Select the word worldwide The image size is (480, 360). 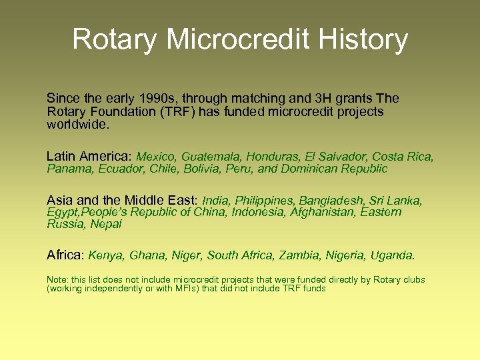point(75,125)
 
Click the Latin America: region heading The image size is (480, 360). point(89,157)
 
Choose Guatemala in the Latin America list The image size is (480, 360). point(211,157)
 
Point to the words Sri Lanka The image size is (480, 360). point(397,201)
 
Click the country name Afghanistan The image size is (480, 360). point(322,212)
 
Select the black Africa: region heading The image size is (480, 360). point(65,255)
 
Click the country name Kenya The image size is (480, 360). point(106,255)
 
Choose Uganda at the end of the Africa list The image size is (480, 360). point(393,255)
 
